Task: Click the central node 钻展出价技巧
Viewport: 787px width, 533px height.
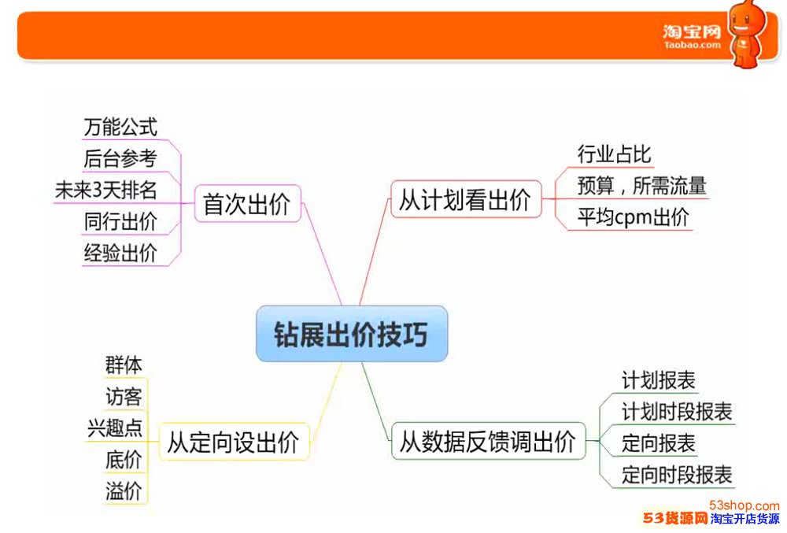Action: [x=351, y=334]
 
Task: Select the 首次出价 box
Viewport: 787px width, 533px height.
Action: [x=247, y=203]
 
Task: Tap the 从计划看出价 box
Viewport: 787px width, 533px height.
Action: [x=466, y=199]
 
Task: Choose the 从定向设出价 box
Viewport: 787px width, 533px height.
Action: [x=234, y=442]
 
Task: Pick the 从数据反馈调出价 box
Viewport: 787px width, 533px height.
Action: [x=489, y=441]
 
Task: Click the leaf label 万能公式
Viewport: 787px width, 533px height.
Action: [x=120, y=127]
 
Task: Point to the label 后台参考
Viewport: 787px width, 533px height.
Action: [x=120, y=158]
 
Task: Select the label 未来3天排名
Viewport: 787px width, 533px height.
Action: [x=106, y=191]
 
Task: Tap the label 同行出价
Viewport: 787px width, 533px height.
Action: [x=120, y=222]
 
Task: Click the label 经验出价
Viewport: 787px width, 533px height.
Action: [x=120, y=253]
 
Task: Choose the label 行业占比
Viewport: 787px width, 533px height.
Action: [x=614, y=154]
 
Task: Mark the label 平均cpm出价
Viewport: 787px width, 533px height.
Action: [x=633, y=217]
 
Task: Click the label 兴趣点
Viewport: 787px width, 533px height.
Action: [x=115, y=428]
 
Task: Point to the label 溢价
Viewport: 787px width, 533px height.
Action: [x=124, y=490]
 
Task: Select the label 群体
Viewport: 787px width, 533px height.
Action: [x=124, y=365]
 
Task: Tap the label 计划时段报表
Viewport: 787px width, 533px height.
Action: [x=677, y=412]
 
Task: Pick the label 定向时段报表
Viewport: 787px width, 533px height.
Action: [x=677, y=475]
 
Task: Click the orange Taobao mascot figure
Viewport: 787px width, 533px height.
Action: [x=748, y=34]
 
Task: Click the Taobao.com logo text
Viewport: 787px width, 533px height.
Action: [x=692, y=37]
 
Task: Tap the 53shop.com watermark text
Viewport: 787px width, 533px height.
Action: [x=745, y=505]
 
